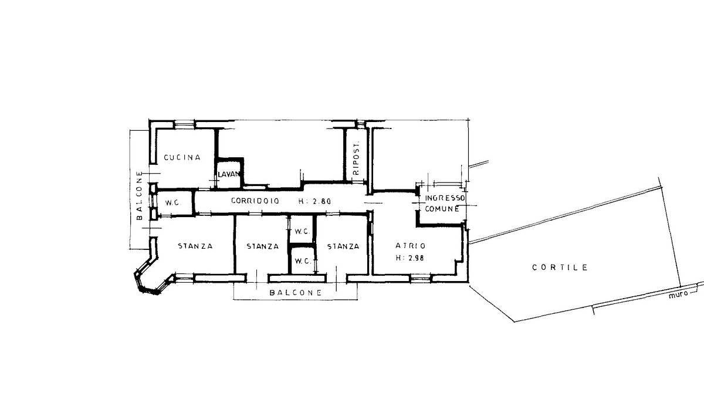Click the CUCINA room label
tap(182, 157)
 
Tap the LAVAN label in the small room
tap(229, 174)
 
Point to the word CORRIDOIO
tap(255, 201)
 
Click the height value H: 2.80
tap(314, 201)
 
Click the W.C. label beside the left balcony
tap(173, 203)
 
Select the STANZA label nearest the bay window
tap(195, 246)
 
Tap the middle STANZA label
tap(263, 246)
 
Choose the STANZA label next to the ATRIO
tap(343, 246)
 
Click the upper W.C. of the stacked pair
tap(302, 232)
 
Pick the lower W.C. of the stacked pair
tap(303, 261)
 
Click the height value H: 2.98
tap(410, 258)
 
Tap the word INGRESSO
tap(445, 198)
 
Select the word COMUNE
tap(442, 208)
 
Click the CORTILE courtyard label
tap(560, 268)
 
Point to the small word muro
tap(678, 295)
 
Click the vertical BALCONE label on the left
tap(139, 195)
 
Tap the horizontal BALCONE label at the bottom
tap(296, 293)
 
